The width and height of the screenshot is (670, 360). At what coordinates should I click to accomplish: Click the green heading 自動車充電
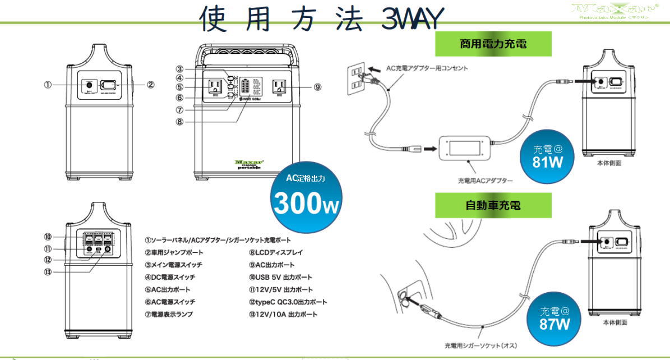493,205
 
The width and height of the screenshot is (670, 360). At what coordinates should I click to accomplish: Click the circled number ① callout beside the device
48,85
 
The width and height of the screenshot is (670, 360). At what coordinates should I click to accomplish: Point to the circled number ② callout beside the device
150,85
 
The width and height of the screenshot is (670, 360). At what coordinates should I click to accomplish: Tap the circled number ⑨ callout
317,87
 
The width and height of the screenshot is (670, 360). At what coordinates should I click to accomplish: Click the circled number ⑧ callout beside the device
179,122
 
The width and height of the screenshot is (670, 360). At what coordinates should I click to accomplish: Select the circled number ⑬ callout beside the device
48,271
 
